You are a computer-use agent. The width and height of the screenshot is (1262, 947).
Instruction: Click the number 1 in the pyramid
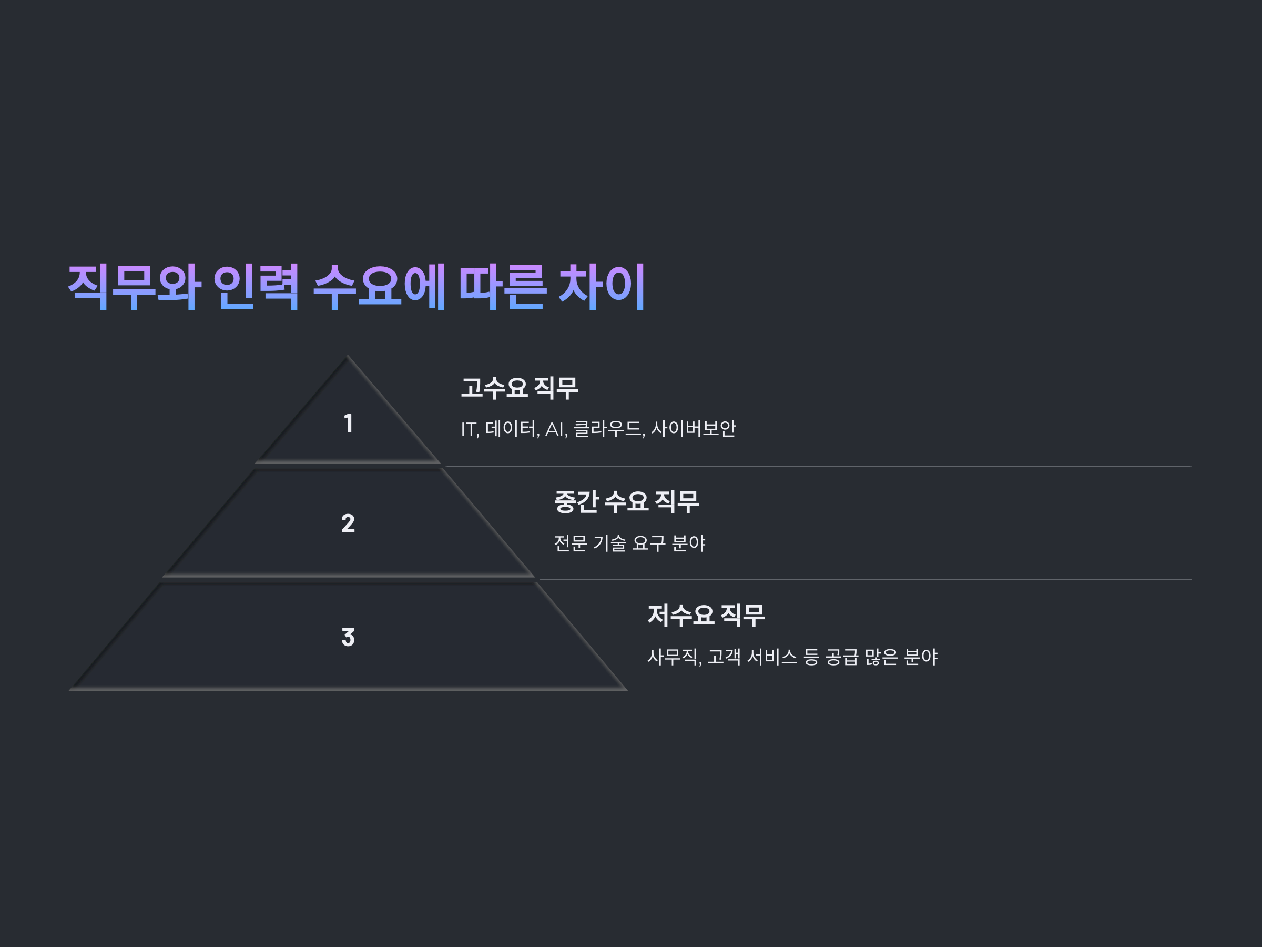click(348, 424)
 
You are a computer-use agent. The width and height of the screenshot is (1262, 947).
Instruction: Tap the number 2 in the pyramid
click(348, 523)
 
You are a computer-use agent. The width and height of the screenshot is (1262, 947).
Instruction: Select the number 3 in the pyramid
click(348, 637)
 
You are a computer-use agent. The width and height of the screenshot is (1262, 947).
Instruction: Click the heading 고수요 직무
click(519, 388)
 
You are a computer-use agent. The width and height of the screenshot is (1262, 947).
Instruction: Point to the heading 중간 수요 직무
click(626, 502)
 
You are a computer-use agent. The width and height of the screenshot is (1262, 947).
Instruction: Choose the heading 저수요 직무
click(706, 616)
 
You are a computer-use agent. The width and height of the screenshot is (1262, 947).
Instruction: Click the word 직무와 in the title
click(134, 286)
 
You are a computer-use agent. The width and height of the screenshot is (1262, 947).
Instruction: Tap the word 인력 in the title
click(256, 286)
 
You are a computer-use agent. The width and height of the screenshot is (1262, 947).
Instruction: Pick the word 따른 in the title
click(503, 286)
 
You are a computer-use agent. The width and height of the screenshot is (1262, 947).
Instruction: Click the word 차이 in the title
click(602, 286)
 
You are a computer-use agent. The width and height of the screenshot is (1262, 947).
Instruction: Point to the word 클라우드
click(608, 429)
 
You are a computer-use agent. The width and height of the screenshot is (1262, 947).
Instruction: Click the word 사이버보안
click(693, 429)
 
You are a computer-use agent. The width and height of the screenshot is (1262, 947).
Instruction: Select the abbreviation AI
click(555, 429)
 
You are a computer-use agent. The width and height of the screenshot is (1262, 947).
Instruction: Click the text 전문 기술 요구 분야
click(629, 543)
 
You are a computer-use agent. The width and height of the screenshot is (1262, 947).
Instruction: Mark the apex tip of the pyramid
click(348, 357)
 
